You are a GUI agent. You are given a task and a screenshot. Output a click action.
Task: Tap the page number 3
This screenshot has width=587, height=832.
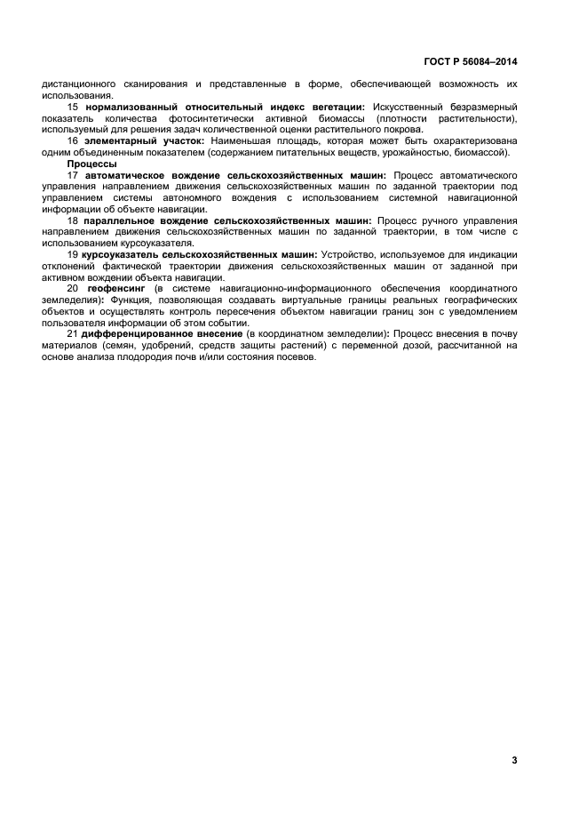[x=514, y=760]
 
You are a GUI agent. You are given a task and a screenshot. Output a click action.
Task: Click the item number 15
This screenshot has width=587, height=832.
[x=73, y=107]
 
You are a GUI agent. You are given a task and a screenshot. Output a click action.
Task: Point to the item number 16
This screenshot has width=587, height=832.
[x=73, y=140]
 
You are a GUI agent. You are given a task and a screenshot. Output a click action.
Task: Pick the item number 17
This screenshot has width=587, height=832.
[x=73, y=175]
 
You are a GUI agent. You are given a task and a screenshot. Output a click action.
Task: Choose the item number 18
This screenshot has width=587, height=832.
[x=73, y=220]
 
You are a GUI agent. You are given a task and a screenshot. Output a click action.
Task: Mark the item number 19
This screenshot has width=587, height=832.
[x=73, y=254]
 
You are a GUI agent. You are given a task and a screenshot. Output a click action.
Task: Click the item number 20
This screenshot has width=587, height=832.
[x=73, y=288]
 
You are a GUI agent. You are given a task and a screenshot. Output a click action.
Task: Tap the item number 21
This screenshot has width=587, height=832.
[x=73, y=333]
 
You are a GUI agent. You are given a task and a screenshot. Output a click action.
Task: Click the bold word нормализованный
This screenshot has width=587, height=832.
[x=134, y=107]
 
